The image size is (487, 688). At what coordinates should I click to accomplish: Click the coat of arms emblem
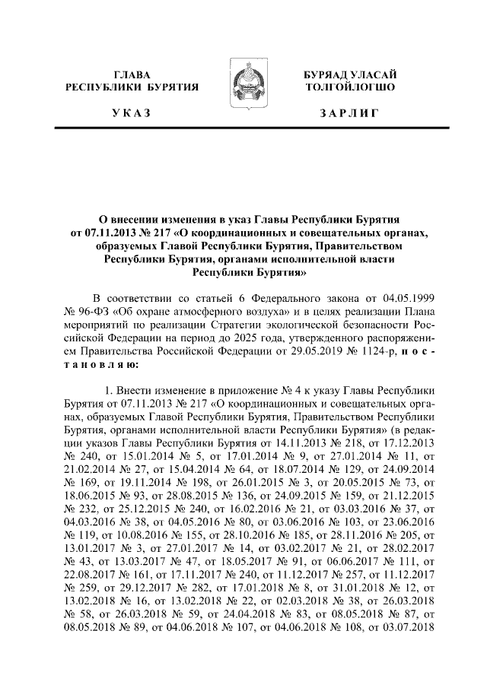(243, 90)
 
